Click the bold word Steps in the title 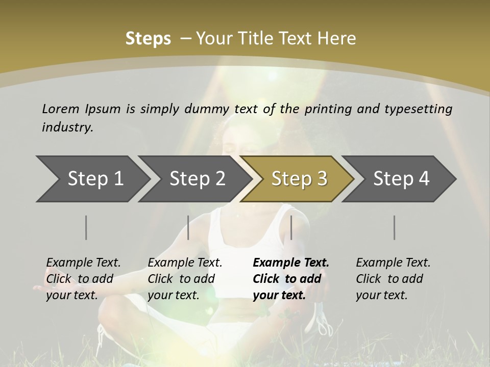tap(148, 39)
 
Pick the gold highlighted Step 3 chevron tap(299, 178)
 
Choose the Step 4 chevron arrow tap(401, 178)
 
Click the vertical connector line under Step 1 tap(86, 227)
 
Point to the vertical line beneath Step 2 tap(188, 227)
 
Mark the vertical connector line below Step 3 tap(291, 227)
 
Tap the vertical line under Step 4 tap(395, 227)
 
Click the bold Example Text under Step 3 tap(291, 279)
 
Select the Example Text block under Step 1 tap(84, 279)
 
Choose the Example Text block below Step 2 tap(185, 279)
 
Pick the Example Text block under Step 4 tap(393, 279)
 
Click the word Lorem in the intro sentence tap(61, 109)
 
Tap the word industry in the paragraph tap(67, 127)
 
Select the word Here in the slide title tap(338, 39)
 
